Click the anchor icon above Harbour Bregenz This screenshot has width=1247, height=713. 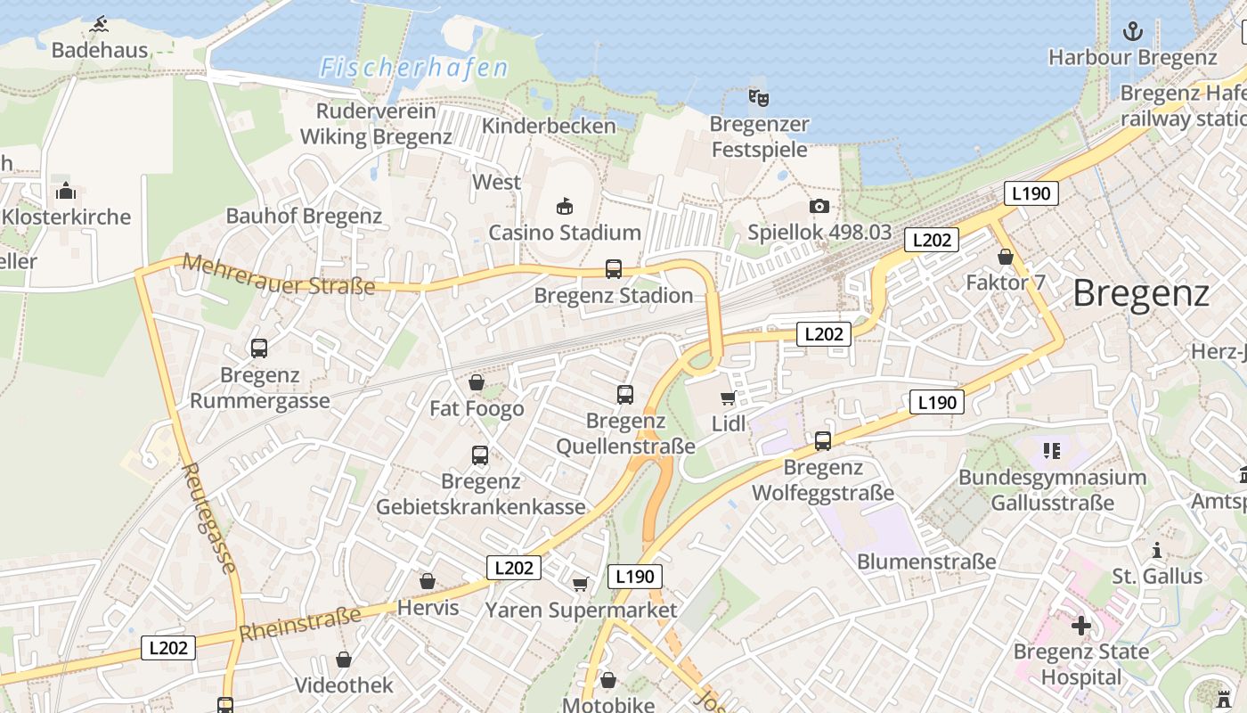[x=1132, y=32]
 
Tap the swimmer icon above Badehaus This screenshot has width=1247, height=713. [x=99, y=23]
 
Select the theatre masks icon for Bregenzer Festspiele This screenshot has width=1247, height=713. [x=758, y=97]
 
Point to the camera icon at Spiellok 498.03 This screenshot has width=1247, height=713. [x=819, y=207]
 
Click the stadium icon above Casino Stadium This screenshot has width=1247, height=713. [x=564, y=207]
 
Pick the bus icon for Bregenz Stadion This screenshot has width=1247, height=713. [x=613, y=268]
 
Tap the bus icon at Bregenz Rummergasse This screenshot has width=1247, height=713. [x=259, y=348]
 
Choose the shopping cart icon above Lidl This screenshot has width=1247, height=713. [x=728, y=397]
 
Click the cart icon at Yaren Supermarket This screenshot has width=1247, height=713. [x=580, y=584]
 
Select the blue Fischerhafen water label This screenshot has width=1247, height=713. [x=414, y=68]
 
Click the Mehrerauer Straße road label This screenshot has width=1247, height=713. [x=279, y=275]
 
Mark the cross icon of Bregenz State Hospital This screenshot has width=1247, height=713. [x=1081, y=626]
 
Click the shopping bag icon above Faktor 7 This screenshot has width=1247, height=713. [x=1006, y=257]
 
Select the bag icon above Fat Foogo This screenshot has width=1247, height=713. [x=477, y=382]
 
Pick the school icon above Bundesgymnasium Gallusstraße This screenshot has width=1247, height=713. [x=1051, y=451]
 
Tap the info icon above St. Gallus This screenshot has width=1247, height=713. [x=1157, y=550]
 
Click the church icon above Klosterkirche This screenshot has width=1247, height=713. [x=66, y=191]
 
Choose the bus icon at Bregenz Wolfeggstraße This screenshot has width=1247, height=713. [x=822, y=440]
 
